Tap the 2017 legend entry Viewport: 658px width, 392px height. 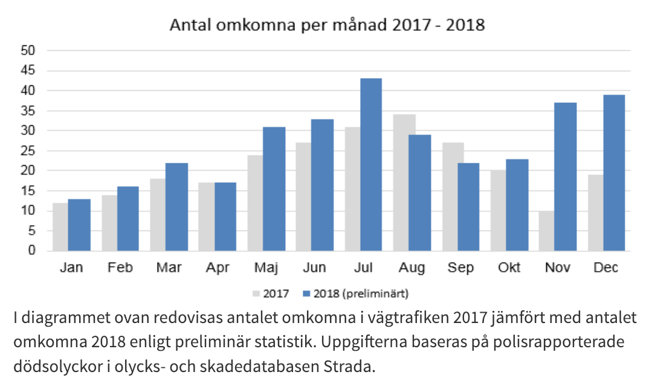[271, 294]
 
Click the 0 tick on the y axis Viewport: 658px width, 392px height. [32, 250]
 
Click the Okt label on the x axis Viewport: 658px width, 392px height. [509, 268]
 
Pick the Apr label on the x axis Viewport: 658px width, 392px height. [217, 268]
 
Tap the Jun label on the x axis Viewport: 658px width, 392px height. [314, 268]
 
